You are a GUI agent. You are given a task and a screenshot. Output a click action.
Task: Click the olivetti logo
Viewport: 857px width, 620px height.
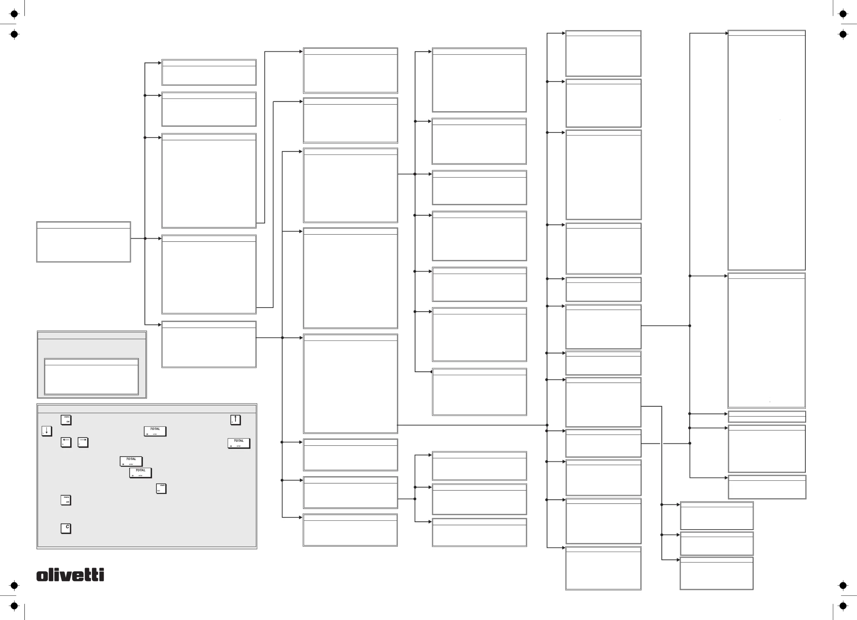[x=70, y=575]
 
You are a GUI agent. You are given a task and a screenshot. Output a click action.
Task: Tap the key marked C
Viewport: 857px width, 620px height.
[x=66, y=528]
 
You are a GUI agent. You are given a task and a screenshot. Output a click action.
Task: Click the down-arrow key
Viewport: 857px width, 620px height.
[x=47, y=431]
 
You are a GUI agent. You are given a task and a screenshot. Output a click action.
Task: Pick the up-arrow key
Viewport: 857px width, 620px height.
[x=235, y=420]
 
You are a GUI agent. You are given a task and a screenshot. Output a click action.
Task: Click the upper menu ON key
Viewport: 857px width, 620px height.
[x=66, y=420]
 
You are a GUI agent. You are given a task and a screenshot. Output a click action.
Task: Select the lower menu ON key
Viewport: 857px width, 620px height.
[x=66, y=500]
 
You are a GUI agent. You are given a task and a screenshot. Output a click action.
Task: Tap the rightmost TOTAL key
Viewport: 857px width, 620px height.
[x=238, y=443]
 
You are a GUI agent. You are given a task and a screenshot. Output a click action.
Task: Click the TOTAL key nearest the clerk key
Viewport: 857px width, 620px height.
[x=141, y=473]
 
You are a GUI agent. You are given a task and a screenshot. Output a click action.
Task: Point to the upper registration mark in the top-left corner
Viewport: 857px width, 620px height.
[x=14, y=14]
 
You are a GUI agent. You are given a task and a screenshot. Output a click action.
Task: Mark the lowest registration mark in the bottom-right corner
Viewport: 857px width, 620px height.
[x=843, y=606]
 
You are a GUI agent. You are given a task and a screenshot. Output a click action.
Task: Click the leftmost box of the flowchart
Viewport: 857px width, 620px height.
[x=83, y=242]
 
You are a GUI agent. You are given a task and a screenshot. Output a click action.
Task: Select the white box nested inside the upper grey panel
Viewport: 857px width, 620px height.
[x=91, y=377]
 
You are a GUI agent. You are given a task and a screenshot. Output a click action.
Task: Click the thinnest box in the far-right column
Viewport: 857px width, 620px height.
[x=767, y=416]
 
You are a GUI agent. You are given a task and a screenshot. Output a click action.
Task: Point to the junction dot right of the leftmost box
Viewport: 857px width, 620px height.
[x=145, y=238]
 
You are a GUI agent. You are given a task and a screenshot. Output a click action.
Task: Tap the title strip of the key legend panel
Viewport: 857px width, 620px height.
[x=147, y=409]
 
